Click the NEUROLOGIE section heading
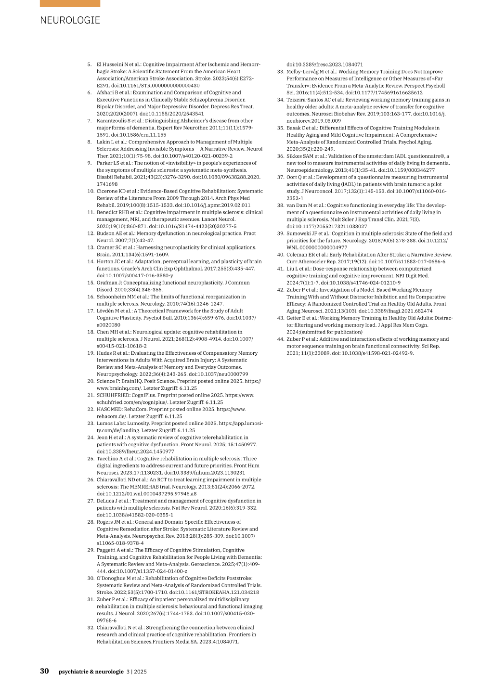70,20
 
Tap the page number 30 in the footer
44,671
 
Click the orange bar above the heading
70,3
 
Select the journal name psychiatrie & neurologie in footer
91,671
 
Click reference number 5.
90,65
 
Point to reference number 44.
280,339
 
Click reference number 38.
280,206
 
